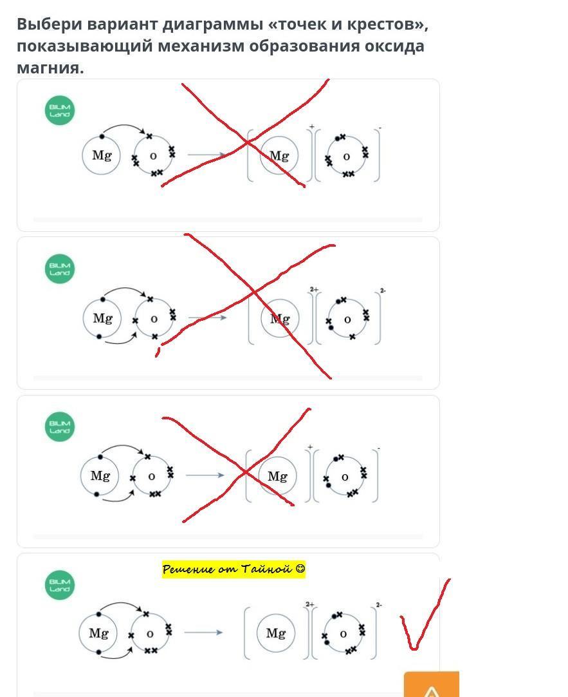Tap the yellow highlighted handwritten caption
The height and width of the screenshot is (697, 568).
234,569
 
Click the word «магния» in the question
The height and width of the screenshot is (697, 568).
50,68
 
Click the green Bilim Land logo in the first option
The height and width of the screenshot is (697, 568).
60,110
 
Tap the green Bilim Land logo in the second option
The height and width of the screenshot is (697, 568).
60,269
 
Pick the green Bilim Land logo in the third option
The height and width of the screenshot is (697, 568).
60,426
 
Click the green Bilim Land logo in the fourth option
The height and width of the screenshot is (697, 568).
60,585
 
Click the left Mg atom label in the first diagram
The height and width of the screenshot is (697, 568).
102,156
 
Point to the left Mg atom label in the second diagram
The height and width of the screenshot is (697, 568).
102,318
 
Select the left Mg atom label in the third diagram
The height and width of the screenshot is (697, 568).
100,476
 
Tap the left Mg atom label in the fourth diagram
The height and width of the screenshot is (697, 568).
98,633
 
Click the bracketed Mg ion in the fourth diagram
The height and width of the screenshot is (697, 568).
276,633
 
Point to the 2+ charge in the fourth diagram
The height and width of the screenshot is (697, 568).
310,604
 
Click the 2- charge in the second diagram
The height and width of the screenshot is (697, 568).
383,291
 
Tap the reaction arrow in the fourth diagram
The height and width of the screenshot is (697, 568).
203,632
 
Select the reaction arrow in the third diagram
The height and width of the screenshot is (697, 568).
205,475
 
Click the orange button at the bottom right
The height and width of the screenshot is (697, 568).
432,685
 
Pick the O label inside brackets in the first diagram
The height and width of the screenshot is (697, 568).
346,157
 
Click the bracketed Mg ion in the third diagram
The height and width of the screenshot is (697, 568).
277,476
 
